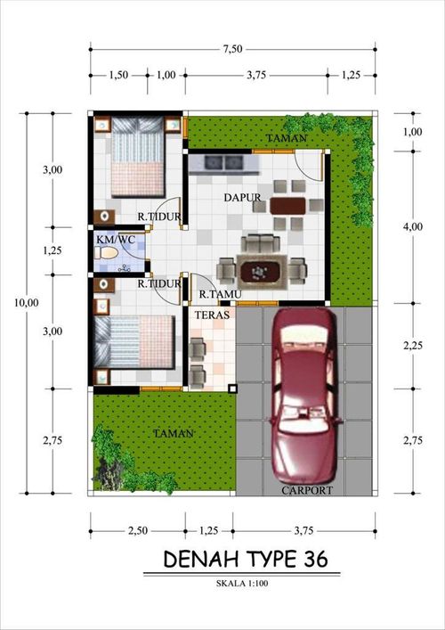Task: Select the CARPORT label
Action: click(308, 490)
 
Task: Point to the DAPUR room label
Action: click(240, 197)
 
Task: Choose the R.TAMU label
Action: click(216, 293)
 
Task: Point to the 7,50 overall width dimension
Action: click(232, 50)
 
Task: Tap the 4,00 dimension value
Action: click(412, 227)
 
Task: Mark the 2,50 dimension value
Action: click(137, 531)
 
